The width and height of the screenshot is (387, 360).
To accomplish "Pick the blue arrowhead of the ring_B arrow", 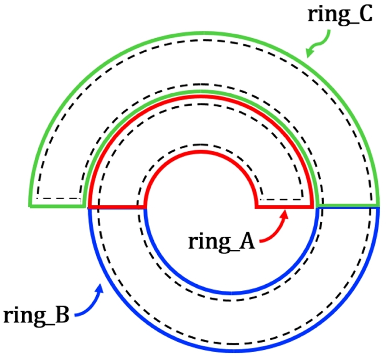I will coord(101,288).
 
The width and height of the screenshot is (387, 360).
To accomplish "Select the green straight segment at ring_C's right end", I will coord(347,206).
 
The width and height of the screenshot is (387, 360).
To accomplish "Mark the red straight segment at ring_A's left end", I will coord(117,207).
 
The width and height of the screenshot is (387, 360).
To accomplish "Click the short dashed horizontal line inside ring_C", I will coord(58,199).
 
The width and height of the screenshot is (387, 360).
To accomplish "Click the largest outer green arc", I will coord(203,32).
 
